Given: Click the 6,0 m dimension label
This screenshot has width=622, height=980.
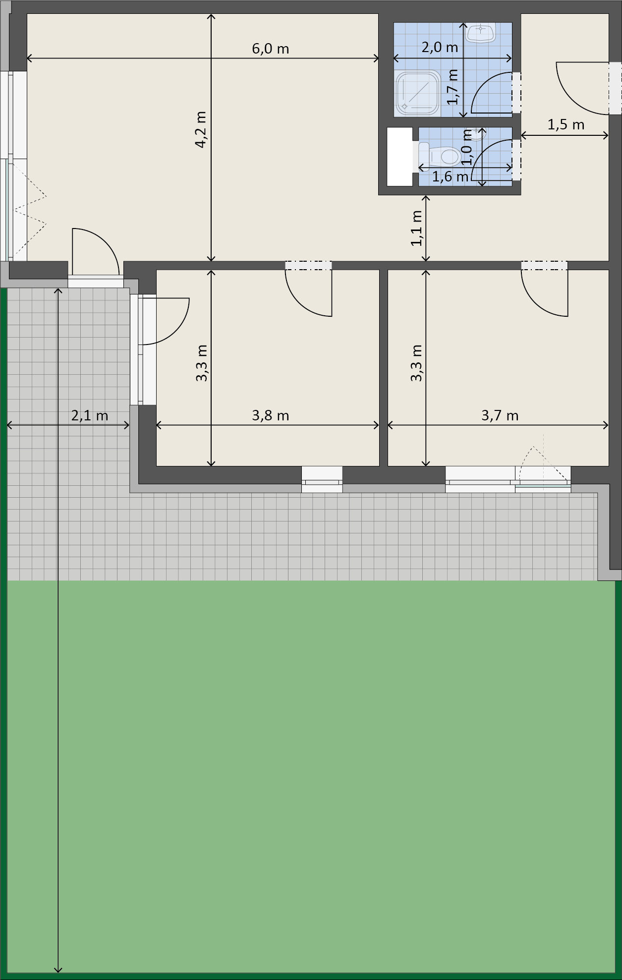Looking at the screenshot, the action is click(271, 49).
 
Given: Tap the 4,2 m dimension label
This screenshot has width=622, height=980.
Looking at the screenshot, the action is click(201, 129).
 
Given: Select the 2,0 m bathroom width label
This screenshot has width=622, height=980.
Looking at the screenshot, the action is click(440, 47).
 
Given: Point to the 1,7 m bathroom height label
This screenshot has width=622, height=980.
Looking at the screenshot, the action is click(452, 87).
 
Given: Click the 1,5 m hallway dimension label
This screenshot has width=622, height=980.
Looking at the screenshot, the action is click(565, 124).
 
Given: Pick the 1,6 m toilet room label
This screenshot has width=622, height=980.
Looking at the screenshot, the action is click(450, 176).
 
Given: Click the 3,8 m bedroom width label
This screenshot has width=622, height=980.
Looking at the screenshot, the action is click(271, 415).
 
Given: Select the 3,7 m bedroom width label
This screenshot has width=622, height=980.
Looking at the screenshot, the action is click(500, 415).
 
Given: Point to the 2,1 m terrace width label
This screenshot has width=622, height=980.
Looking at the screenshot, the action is click(90, 415).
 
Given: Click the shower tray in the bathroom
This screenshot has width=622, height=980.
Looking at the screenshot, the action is click(418, 93).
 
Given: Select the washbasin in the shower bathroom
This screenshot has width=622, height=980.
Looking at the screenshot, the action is click(481, 33).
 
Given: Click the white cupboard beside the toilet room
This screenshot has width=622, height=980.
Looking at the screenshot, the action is click(399, 157).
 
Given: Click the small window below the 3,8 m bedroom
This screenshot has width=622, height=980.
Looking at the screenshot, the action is click(322, 479).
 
